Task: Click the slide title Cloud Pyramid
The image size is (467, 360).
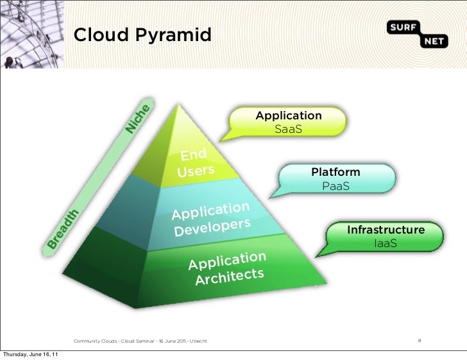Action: coord(142,35)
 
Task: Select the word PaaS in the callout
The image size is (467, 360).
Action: coord(335,186)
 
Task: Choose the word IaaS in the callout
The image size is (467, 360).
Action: coord(386,243)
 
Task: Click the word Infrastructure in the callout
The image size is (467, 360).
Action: coord(386,230)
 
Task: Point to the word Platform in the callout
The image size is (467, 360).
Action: coord(335,173)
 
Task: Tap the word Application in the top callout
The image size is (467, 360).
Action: coord(289,116)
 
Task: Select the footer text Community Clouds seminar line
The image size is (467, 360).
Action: coord(140,340)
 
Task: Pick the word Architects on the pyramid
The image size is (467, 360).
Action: coord(230,277)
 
